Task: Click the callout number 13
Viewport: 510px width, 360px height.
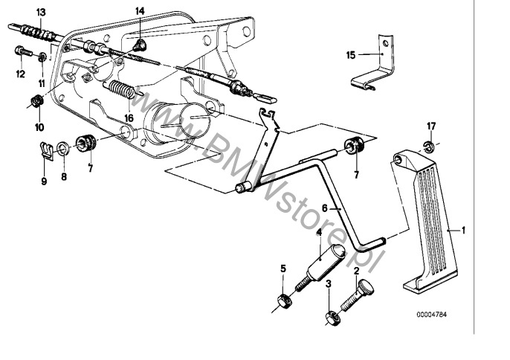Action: [x=40, y=13]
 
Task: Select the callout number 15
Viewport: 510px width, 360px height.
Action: [x=352, y=54]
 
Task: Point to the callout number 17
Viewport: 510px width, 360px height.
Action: [x=430, y=124]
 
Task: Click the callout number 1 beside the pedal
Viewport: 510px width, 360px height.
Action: [x=464, y=231]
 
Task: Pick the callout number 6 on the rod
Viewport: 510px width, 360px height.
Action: [x=324, y=210]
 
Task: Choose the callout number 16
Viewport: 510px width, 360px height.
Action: [x=129, y=118]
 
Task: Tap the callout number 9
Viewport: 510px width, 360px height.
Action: [x=44, y=180]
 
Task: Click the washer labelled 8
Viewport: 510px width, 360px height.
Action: [x=64, y=144]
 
